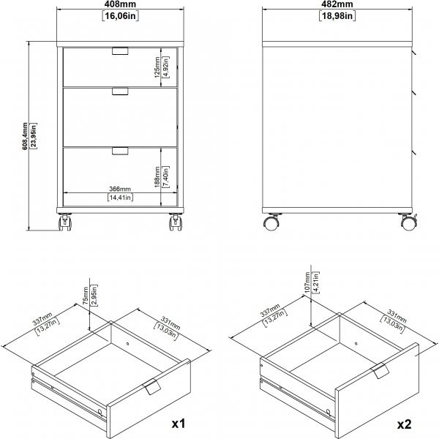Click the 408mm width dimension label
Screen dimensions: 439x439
point(121,4)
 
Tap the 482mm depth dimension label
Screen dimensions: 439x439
point(337,4)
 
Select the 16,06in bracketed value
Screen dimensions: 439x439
point(121,16)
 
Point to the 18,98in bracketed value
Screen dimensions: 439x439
point(337,16)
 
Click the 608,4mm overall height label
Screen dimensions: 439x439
point(25,136)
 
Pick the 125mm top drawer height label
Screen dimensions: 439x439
point(157,67)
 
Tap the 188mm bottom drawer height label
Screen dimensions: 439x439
point(157,177)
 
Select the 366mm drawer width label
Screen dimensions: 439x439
point(120,189)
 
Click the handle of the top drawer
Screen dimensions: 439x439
point(120,50)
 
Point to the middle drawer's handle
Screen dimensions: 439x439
point(120,91)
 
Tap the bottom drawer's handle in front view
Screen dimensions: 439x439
point(120,151)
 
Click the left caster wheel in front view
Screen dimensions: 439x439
point(65,222)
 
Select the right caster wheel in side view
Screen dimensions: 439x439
point(409,222)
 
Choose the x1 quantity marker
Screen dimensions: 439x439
point(179,424)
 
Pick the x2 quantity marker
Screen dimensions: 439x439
point(405,424)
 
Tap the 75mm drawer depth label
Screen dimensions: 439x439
point(86,296)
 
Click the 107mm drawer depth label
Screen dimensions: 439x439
point(307,282)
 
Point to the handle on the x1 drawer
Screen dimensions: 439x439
point(152,386)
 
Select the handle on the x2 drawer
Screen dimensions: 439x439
point(380,370)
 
